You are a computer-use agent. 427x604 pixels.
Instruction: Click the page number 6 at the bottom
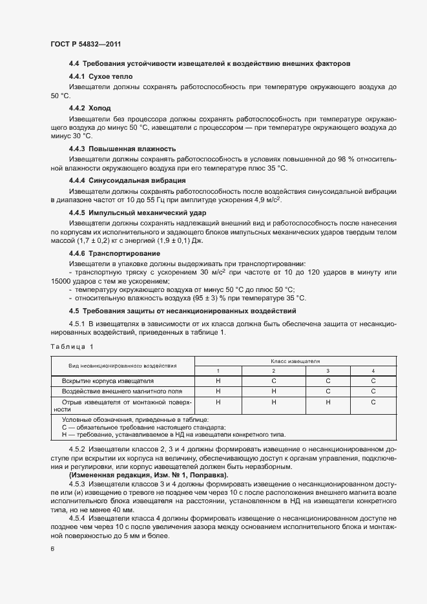click(x=52, y=549)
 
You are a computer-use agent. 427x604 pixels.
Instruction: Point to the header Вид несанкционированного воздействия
click(x=122, y=366)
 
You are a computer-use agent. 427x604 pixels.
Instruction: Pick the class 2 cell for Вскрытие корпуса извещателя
click(x=273, y=381)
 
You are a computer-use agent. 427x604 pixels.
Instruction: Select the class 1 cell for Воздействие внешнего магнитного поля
click(x=218, y=391)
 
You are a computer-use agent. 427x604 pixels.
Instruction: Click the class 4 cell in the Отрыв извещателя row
click(x=373, y=402)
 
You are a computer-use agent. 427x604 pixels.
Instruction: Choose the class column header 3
click(x=328, y=371)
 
